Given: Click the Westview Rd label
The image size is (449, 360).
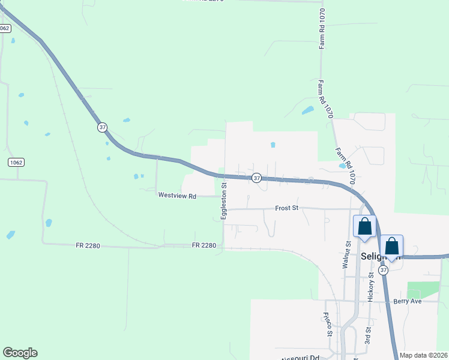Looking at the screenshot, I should [177, 196].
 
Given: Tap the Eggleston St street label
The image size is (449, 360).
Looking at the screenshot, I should [223, 202].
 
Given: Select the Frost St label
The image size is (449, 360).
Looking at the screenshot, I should [287, 208].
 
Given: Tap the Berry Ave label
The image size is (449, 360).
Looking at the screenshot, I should [408, 301].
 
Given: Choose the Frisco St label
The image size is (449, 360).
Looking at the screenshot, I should [328, 324].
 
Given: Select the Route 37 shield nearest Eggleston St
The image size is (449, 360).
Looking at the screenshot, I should [256, 178].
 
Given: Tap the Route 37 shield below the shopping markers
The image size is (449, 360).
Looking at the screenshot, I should [384, 271].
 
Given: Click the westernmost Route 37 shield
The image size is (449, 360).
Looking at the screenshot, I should [103, 127].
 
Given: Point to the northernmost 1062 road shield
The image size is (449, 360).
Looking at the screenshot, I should [5, 28].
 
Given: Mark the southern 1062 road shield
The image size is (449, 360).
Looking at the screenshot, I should [16, 163].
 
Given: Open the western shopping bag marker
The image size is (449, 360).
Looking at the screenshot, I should [364, 227].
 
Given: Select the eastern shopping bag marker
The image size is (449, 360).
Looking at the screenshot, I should [391, 246].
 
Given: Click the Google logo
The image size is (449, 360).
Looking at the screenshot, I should [20, 353].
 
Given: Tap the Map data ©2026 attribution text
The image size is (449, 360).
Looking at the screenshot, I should [424, 355].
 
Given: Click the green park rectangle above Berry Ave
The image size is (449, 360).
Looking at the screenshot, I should [423, 289].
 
